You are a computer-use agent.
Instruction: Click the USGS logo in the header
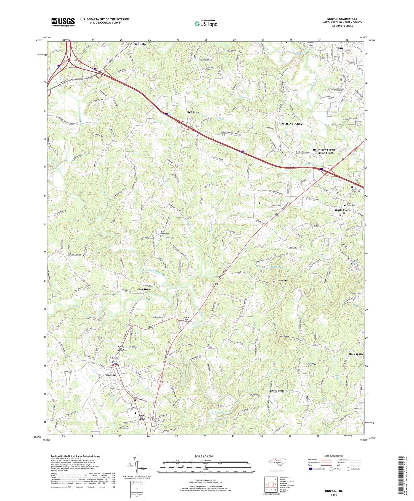click(x=63, y=22)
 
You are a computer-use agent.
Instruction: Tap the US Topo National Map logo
click(x=205, y=23)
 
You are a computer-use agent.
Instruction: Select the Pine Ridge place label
click(x=140, y=44)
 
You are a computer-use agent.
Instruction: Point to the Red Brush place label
click(x=194, y=112)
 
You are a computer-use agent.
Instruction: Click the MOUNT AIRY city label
click(x=292, y=124)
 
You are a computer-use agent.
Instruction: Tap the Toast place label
click(x=339, y=48)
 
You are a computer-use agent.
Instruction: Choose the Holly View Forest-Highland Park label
click(x=324, y=151)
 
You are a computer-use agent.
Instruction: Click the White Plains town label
click(x=342, y=210)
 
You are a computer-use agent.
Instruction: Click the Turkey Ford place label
click(x=276, y=391)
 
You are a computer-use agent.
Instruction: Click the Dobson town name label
click(x=111, y=375)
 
